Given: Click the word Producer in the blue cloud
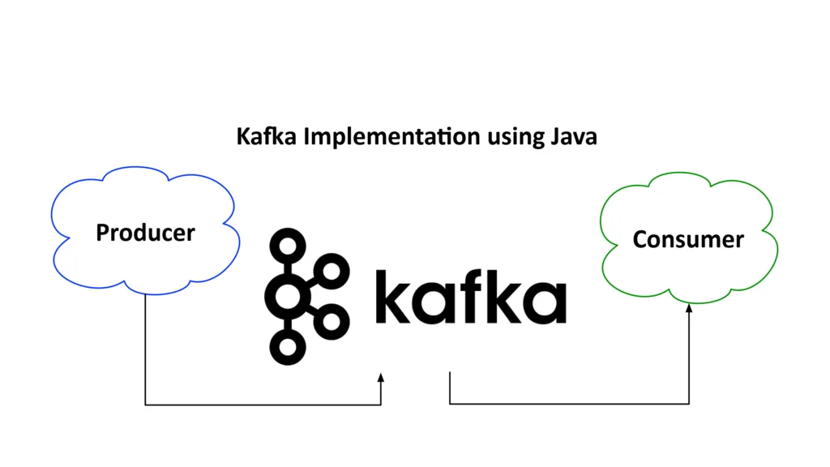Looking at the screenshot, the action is coord(146,233).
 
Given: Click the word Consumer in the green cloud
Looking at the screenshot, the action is coord(688,239).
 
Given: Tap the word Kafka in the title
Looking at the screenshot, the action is coord(266,136).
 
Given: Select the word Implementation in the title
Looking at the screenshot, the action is coord(391,136).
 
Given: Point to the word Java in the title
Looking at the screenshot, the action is coord(574,136).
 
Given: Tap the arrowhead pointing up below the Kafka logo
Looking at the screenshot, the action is coord(381,378).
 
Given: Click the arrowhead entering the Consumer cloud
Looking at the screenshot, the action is coord(689,308).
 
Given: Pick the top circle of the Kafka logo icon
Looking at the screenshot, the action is coord(288,246).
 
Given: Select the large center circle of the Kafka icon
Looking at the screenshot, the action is coord(288,297).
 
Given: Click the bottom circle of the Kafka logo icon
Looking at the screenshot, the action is coord(288,347).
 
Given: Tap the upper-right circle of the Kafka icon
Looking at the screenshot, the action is coord(332,272).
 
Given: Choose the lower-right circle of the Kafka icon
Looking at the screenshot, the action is coord(332,321).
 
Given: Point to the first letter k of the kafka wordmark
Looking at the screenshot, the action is coord(393,297).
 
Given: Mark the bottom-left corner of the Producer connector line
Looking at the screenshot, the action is coord(146,405).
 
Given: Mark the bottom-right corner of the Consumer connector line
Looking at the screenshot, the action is coord(689,404).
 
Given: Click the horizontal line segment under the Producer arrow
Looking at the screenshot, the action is coord(263,405).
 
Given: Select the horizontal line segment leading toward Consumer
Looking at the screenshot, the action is coord(569,404).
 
